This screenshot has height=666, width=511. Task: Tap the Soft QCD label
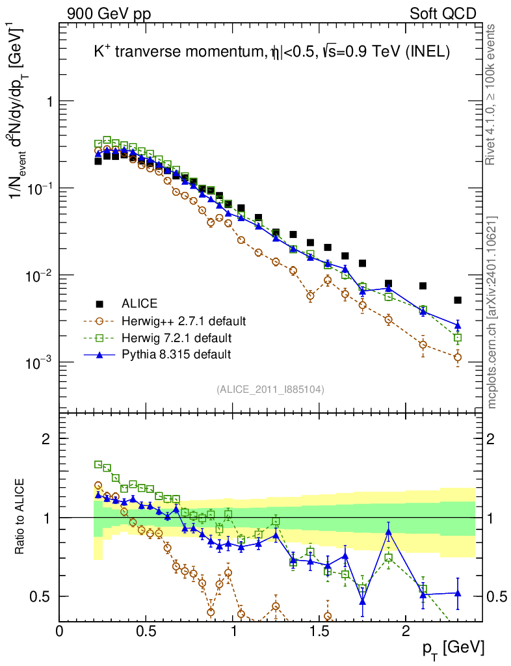coord(443,14)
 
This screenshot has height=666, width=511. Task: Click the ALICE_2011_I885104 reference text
coord(270,389)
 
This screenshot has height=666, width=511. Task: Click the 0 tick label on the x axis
coord(60,630)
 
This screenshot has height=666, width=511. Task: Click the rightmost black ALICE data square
coord(458,300)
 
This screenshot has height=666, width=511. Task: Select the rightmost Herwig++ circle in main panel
coord(458,357)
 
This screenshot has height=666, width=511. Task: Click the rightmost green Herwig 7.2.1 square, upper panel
coord(458,338)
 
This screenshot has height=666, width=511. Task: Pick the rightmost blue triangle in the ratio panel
coord(458,593)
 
